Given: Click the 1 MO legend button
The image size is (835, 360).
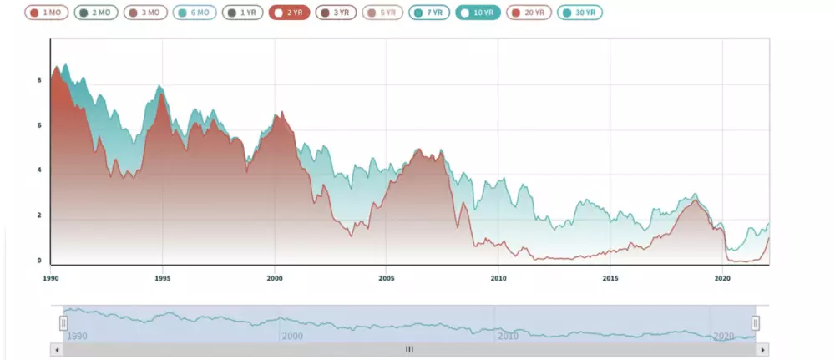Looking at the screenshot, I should [46, 13].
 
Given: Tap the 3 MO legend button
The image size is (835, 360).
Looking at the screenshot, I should [145, 13].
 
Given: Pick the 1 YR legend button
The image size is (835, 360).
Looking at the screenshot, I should [243, 13].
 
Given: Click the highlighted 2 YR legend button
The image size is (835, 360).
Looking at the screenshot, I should [290, 13].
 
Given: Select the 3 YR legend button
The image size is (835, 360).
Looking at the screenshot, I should [337, 13].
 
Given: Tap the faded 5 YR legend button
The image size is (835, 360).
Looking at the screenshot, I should [383, 13].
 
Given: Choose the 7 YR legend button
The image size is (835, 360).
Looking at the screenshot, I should [430, 13].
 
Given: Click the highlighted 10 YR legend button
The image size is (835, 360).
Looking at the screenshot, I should [478, 13].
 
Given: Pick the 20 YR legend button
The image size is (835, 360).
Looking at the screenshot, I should [529, 13].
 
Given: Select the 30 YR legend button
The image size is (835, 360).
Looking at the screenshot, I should [580, 13].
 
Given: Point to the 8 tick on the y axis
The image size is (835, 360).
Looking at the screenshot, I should [38, 80].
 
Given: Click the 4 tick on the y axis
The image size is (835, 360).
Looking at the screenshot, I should [38, 170].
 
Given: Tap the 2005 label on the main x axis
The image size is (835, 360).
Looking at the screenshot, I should [386, 278].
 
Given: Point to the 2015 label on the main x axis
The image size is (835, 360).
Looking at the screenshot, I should [610, 278].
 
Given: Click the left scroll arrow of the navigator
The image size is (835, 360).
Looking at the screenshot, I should [57, 350].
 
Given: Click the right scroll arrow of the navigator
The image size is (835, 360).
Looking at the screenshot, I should [762, 350].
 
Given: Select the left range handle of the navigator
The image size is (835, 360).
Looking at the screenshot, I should [63, 323].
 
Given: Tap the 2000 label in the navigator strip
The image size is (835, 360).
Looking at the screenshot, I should [292, 336].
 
